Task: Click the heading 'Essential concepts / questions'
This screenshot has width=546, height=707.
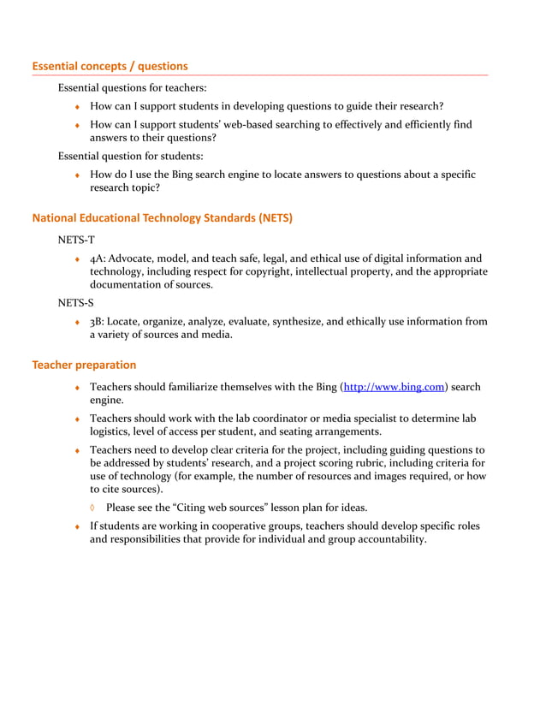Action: [x=110, y=66]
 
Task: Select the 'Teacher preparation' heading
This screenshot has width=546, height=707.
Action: [x=84, y=365]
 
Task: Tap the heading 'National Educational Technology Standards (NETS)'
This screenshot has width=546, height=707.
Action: [x=162, y=217]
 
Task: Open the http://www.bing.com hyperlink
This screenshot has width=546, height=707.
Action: [x=394, y=387]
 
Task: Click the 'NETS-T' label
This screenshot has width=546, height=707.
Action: [x=76, y=241]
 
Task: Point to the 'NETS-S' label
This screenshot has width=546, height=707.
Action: [x=75, y=303]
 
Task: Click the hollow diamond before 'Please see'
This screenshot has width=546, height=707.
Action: [x=93, y=508]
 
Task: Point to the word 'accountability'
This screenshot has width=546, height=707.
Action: [x=384, y=539]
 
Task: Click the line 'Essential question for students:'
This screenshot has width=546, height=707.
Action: [x=130, y=156]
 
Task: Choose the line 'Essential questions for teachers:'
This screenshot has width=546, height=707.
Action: [x=132, y=87]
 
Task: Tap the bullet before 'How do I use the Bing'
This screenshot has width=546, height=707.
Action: [x=77, y=175]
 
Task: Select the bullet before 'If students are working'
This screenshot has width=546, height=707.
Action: [x=77, y=526]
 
